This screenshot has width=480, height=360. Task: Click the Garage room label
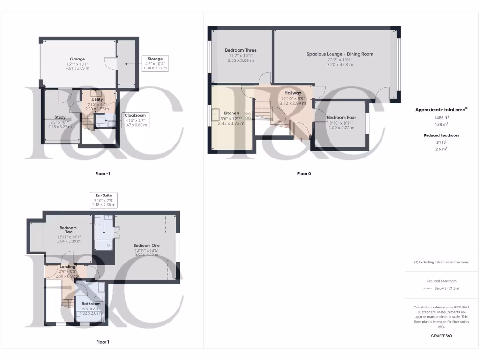pos(77,59)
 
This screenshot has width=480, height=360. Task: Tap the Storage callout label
pos(155,59)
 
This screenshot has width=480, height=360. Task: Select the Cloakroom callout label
pos(135,115)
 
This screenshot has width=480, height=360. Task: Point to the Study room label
pos(60,117)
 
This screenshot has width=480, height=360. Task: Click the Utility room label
pos(97,99)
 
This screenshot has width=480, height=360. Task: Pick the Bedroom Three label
pos(240,50)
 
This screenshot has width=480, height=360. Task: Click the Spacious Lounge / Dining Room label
pos(340,54)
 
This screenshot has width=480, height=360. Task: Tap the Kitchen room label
pos(231,113)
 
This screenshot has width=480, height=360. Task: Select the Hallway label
pos(293,93)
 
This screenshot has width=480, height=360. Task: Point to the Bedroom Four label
pos(341,118)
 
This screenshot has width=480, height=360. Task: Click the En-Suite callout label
pos(104,195)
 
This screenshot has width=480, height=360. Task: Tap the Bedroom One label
pos(146,245)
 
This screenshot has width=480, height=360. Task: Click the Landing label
pos(67,267)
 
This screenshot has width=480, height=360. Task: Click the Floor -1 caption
pos(103,174)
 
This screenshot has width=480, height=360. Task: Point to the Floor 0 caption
pos(304,174)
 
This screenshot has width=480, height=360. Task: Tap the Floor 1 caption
pos(103,342)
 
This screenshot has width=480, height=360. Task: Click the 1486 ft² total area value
pos(441,118)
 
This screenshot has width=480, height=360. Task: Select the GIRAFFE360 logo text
pos(441,336)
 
